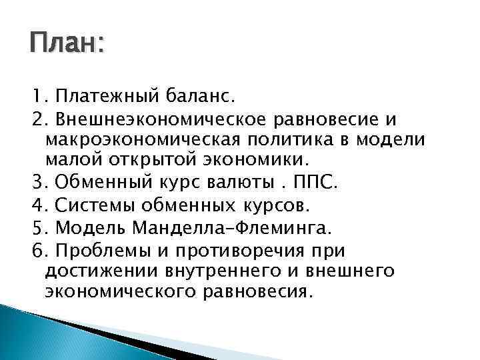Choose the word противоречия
point(247,251)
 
